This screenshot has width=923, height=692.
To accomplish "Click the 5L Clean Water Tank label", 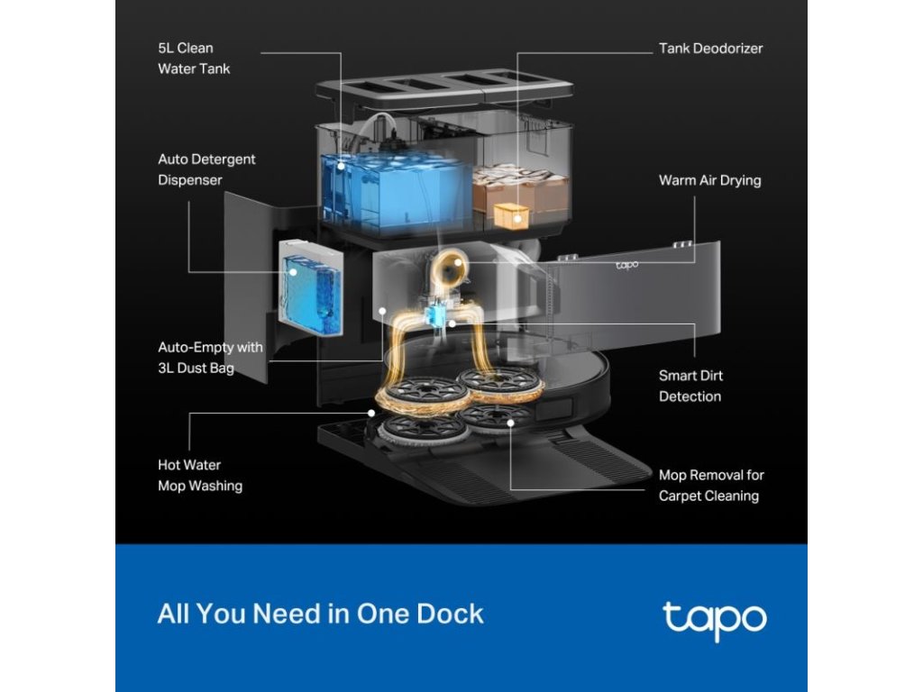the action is [x=193, y=58].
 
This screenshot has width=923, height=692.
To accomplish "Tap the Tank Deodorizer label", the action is [x=710, y=49].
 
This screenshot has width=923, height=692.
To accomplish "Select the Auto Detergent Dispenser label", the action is [x=206, y=169].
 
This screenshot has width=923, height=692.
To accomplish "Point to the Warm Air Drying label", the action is [x=709, y=180].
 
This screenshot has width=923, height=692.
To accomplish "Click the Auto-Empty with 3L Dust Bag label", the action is [x=210, y=357].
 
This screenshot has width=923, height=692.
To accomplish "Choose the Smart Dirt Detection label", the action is [x=690, y=386].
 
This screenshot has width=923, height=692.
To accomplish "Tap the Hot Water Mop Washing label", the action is [x=199, y=476].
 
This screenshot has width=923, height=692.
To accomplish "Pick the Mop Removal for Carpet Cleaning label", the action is [x=710, y=485].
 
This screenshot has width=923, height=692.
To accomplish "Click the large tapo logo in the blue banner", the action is [x=714, y=618].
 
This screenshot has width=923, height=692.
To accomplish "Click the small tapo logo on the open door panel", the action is [x=626, y=265].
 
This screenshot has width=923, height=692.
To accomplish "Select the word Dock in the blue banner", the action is [x=450, y=615].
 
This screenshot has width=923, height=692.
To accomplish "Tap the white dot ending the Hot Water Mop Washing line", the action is [x=371, y=414].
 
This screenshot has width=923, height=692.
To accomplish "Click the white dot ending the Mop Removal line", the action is [x=511, y=421].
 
